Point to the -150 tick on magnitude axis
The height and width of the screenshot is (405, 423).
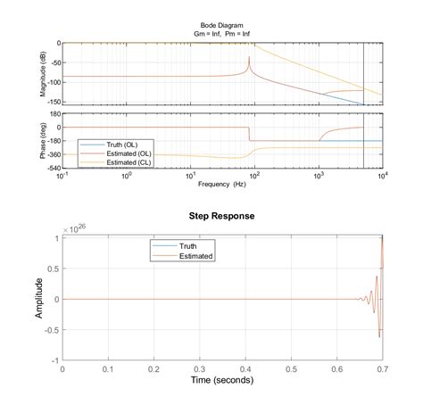tap(48, 104)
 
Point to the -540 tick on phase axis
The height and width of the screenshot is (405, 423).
tap(48, 168)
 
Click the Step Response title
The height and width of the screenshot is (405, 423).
tap(222, 216)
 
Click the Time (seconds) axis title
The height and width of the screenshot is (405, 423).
tap(222, 379)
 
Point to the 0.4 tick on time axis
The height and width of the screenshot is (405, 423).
tap(245, 367)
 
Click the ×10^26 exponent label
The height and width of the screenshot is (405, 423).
tap(72, 228)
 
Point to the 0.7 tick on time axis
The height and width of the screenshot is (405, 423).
tap(383, 367)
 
